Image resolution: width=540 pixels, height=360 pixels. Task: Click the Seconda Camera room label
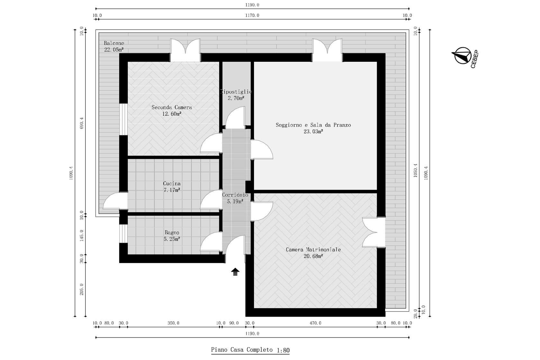172,107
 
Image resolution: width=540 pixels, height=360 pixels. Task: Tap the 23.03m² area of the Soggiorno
313,131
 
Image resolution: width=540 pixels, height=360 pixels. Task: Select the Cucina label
172,184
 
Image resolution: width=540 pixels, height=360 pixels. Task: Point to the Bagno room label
172,232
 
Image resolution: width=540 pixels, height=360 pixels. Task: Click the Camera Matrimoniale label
313,249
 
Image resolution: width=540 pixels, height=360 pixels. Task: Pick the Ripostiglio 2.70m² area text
236,98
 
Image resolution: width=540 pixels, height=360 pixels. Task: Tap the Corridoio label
235,195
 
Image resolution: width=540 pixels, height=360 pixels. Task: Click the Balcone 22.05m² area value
114,50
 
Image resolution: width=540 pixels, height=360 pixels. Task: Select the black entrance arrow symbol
235,272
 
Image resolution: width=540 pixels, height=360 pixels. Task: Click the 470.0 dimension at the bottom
315,323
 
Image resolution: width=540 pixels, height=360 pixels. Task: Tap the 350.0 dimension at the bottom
173,323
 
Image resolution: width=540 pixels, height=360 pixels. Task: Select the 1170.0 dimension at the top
252,15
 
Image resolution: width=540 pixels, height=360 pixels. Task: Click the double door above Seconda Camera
185,50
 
